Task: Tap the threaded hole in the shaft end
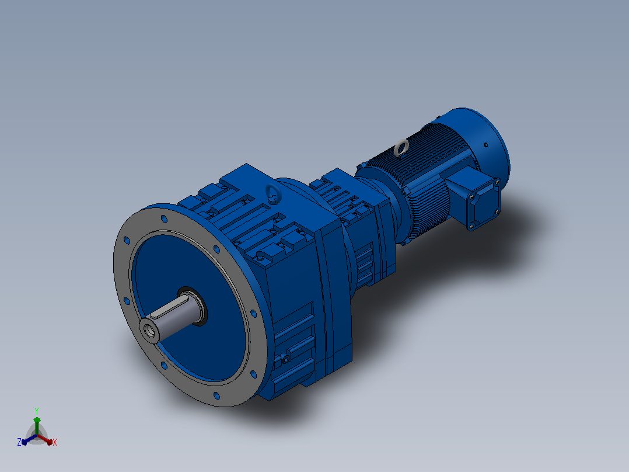[x=151, y=330]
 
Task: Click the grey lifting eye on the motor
[x=401, y=147]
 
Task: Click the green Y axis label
[x=37, y=411]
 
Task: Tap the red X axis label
[x=55, y=442]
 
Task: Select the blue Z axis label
[x=19, y=442]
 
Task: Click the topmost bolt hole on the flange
[x=163, y=219]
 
